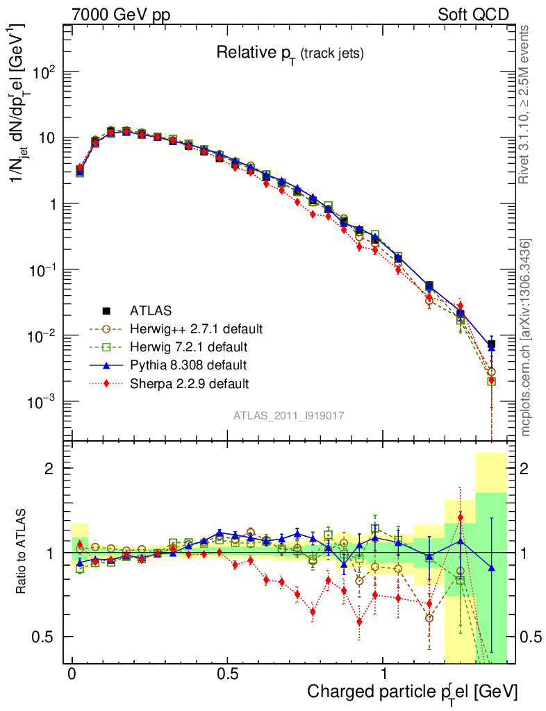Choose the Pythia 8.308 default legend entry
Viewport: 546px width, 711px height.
point(188,365)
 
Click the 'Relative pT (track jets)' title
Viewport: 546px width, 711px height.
point(290,53)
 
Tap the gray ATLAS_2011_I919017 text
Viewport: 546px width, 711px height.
point(289,415)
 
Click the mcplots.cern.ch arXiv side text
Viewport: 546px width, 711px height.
point(526,337)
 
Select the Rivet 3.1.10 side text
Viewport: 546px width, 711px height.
point(526,104)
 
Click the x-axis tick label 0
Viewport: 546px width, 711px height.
point(72,674)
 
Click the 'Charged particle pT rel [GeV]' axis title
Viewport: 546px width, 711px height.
point(413,692)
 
